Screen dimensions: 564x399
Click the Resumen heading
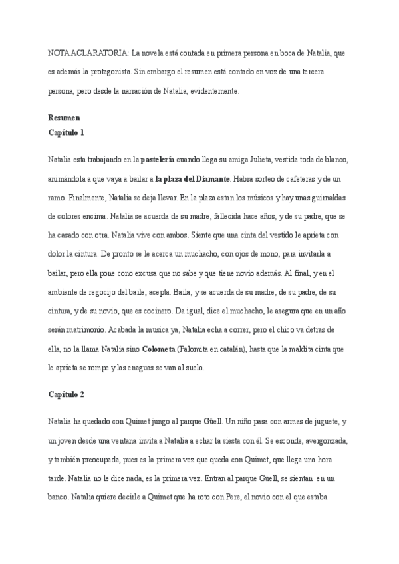point(64,118)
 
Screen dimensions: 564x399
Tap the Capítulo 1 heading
point(66,132)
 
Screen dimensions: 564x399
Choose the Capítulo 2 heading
point(66,394)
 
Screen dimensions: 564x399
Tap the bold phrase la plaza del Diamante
point(193,179)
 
